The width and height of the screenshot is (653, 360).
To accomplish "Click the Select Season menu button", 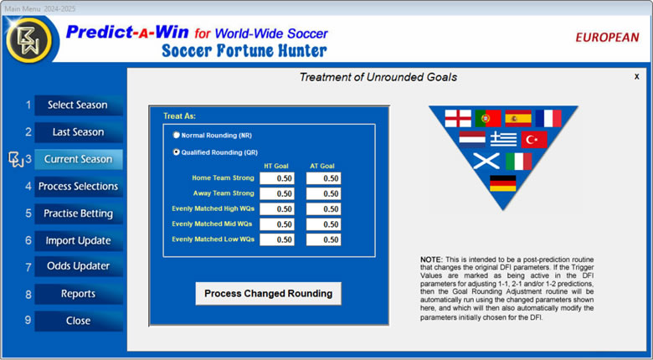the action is [x=78, y=105].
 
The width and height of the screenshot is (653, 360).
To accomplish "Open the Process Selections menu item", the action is [x=78, y=186].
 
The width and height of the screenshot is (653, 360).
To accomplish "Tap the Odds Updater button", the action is [x=78, y=266].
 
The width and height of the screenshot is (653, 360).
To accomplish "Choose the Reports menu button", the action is [x=78, y=294].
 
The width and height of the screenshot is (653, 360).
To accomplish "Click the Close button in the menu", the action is [x=78, y=321].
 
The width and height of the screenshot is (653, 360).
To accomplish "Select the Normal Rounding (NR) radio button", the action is [x=177, y=136].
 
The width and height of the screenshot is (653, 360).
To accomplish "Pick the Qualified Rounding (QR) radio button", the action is [x=177, y=152].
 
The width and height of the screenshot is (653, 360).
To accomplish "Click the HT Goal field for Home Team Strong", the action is [x=277, y=178].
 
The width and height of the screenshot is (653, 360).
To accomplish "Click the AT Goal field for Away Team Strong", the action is [x=324, y=193].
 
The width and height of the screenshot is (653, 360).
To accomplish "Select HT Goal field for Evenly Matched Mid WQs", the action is [x=277, y=224].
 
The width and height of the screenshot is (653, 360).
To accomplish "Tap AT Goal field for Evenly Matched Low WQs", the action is [x=324, y=239].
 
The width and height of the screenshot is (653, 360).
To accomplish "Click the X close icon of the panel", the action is [x=637, y=77].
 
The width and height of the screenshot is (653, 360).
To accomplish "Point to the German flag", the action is [x=502, y=183].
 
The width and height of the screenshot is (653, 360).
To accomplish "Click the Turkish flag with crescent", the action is [x=534, y=140].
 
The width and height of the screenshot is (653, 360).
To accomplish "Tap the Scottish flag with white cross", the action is [x=486, y=162].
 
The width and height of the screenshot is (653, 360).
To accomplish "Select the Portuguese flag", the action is [x=488, y=118].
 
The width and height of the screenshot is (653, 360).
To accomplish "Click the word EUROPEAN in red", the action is [x=607, y=38].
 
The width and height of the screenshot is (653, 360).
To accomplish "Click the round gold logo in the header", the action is [x=29, y=40].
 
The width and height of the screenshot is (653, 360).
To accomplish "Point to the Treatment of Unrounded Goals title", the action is [x=378, y=77].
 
